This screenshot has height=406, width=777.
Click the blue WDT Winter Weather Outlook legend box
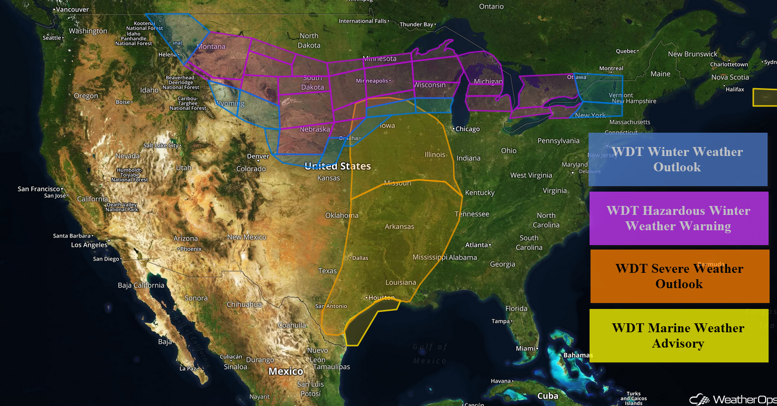point(678,159)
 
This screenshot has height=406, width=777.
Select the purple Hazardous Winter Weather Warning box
point(679,218)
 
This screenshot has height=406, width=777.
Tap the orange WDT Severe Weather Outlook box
point(680,276)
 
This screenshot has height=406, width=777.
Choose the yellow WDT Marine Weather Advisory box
point(679,336)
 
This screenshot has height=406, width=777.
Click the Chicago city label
point(467,129)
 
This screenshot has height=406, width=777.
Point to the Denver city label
point(258,156)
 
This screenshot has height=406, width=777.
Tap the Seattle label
point(52,38)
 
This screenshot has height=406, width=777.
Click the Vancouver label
point(72,9)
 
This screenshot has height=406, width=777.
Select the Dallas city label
point(360,258)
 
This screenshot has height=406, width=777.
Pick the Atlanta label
point(477,245)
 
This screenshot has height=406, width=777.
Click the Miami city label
point(526,349)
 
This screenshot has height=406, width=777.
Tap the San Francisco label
point(39,189)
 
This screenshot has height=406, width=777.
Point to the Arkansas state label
point(400,227)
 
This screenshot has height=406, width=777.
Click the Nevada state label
point(128,156)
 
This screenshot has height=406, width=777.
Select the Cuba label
point(548,396)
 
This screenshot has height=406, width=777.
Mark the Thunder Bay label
point(416,24)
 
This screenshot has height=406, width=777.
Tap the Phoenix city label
point(191,249)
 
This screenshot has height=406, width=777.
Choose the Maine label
point(660,74)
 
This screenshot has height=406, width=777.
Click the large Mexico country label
point(286,371)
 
